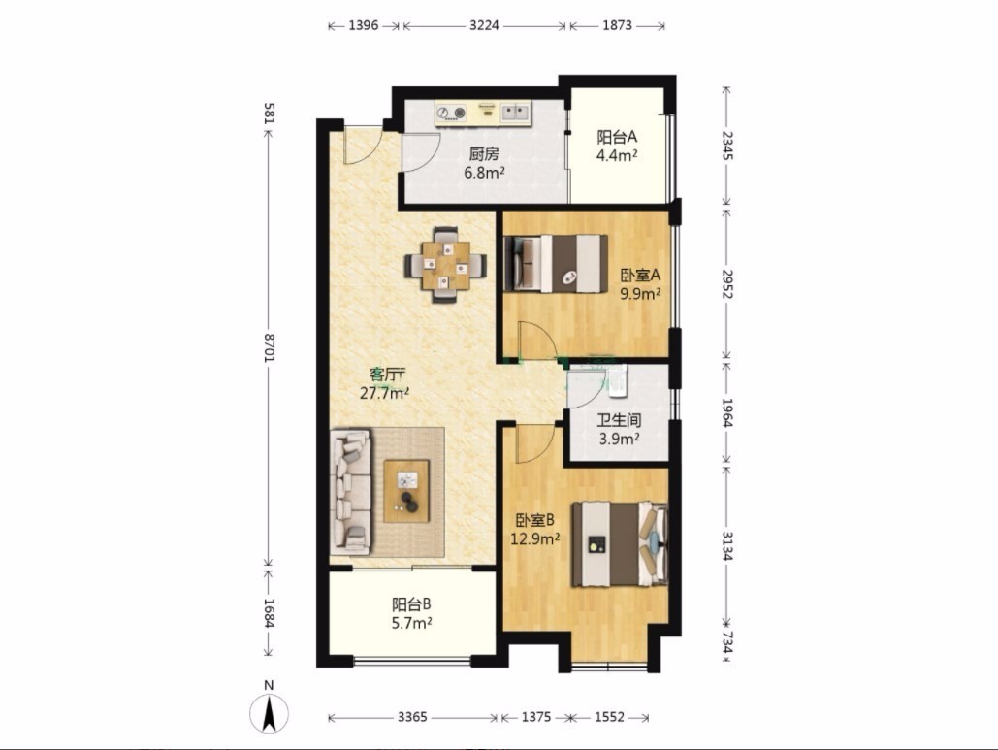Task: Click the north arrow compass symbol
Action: click(x=270, y=713)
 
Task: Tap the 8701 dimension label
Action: click(x=269, y=348)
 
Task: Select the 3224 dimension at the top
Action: click(x=484, y=25)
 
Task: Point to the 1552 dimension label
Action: click(x=609, y=718)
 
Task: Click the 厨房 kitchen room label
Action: click(x=484, y=154)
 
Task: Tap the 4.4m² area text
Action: click(x=617, y=155)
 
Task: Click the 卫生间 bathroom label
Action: click(x=619, y=420)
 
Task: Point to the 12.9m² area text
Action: click(x=535, y=538)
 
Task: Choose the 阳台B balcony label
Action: click(x=411, y=604)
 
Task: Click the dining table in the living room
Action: click(x=445, y=264)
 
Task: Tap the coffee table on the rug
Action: click(x=406, y=491)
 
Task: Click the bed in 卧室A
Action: click(x=555, y=264)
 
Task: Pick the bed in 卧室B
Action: click(x=620, y=544)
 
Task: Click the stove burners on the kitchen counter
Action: click(x=451, y=114)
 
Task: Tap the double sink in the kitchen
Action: click(x=515, y=113)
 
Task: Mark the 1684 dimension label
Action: click(x=269, y=614)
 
